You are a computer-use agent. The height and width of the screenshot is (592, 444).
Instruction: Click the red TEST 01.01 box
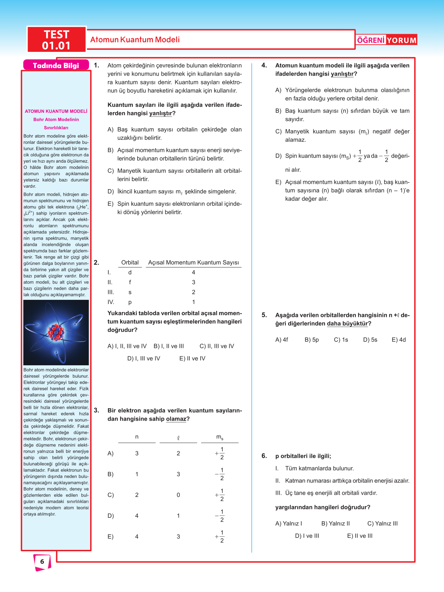click(56, 40)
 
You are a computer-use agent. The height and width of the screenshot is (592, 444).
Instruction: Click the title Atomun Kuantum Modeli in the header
click(135, 40)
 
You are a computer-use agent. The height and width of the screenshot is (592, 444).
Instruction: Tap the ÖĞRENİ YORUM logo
click(387, 40)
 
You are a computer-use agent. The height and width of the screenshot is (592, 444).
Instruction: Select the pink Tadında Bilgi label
click(56, 65)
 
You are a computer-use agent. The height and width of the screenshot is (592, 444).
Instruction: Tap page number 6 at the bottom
click(42, 561)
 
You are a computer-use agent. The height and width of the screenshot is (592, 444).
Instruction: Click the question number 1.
click(96, 65)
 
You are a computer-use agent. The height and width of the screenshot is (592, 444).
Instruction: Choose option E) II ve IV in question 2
click(192, 358)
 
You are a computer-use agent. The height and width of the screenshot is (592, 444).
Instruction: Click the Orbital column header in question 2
click(130, 263)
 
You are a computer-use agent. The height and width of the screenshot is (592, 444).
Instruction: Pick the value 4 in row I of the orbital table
click(194, 272)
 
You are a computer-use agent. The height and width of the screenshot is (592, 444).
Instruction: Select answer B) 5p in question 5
click(312, 340)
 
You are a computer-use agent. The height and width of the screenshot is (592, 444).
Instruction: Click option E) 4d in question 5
click(399, 340)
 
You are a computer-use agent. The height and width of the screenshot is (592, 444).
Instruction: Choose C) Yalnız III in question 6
click(382, 523)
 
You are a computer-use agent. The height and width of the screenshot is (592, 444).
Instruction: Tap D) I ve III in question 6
click(307, 536)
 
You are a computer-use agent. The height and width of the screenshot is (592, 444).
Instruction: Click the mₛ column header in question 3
click(220, 437)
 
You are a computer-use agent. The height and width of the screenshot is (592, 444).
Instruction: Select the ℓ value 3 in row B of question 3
click(178, 474)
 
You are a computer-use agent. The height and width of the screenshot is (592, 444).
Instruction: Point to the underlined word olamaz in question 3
click(176, 419)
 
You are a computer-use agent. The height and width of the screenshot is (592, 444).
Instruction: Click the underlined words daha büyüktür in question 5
click(347, 324)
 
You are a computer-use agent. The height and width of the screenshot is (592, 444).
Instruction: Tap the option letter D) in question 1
click(111, 192)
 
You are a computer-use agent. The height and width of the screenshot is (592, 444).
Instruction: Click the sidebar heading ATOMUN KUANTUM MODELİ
click(56, 111)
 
